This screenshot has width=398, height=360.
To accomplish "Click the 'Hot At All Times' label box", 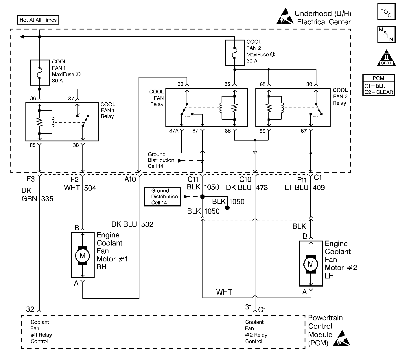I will [x=38, y=20].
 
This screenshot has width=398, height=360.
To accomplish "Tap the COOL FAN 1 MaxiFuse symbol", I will [x=40, y=73].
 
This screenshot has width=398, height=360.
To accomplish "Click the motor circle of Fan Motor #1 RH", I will [x=82, y=255].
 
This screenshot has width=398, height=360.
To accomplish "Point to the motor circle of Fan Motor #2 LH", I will [x=311, y=264].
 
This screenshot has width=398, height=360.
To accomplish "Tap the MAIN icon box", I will [x=386, y=34].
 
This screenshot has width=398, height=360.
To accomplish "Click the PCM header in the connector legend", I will [x=378, y=78].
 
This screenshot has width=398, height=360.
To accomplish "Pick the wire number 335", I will [x=47, y=199].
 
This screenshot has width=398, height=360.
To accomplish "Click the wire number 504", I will [x=90, y=188].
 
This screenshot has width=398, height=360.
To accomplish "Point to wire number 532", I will [x=147, y=224].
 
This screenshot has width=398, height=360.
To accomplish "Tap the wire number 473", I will [x=262, y=188].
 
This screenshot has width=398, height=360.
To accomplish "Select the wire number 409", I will [x=318, y=188].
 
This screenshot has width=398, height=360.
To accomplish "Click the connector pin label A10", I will [x=130, y=180].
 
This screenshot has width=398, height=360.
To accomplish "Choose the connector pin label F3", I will [x=31, y=179].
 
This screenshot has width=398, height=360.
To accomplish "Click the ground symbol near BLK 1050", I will [x=227, y=209].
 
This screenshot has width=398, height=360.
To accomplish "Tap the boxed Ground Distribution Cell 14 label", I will [x=162, y=197].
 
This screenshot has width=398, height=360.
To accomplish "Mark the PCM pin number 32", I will [x=30, y=309].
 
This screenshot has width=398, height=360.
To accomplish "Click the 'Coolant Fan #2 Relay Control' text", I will [x=256, y=332].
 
